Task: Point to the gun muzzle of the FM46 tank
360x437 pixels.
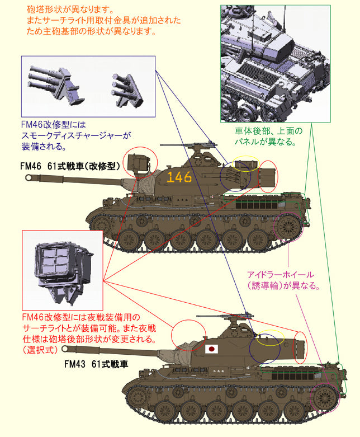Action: (x=29, y=177)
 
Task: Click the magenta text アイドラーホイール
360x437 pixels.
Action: (x=280, y=275)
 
